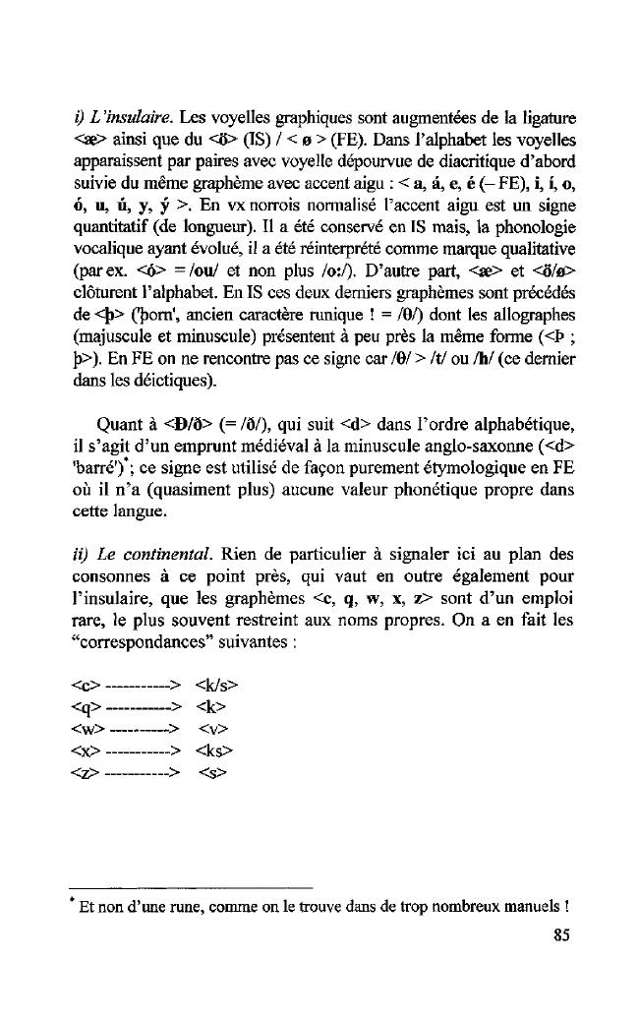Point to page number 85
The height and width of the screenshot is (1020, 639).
coord(561,935)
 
